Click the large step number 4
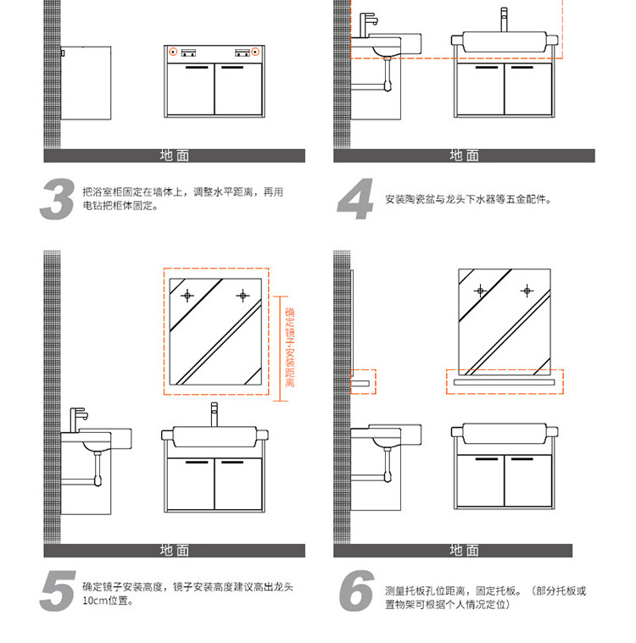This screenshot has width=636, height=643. click(x=356, y=200)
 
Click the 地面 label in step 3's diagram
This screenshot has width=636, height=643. click(x=175, y=156)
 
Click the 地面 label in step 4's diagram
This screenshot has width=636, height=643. click(x=464, y=156)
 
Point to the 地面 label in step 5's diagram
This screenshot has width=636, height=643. click(x=175, y=551)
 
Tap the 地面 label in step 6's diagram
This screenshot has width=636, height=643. click(x=464, y=551)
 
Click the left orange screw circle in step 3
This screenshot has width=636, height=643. click(x=173, y=53)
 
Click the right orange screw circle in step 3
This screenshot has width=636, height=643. click(x=254, y=53)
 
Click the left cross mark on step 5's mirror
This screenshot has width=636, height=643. click(x=187, y=296)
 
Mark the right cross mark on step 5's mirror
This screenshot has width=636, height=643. click(x=243, y=296)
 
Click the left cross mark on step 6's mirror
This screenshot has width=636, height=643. click(x=480, y=291)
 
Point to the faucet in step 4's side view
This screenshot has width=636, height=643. click(x=368, y=24)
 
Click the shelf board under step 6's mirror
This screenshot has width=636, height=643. click(x=505, y=383)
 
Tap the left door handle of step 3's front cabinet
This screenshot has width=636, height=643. click(x=197, y=66)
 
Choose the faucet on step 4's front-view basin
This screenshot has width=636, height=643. click(x=504, y=19)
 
